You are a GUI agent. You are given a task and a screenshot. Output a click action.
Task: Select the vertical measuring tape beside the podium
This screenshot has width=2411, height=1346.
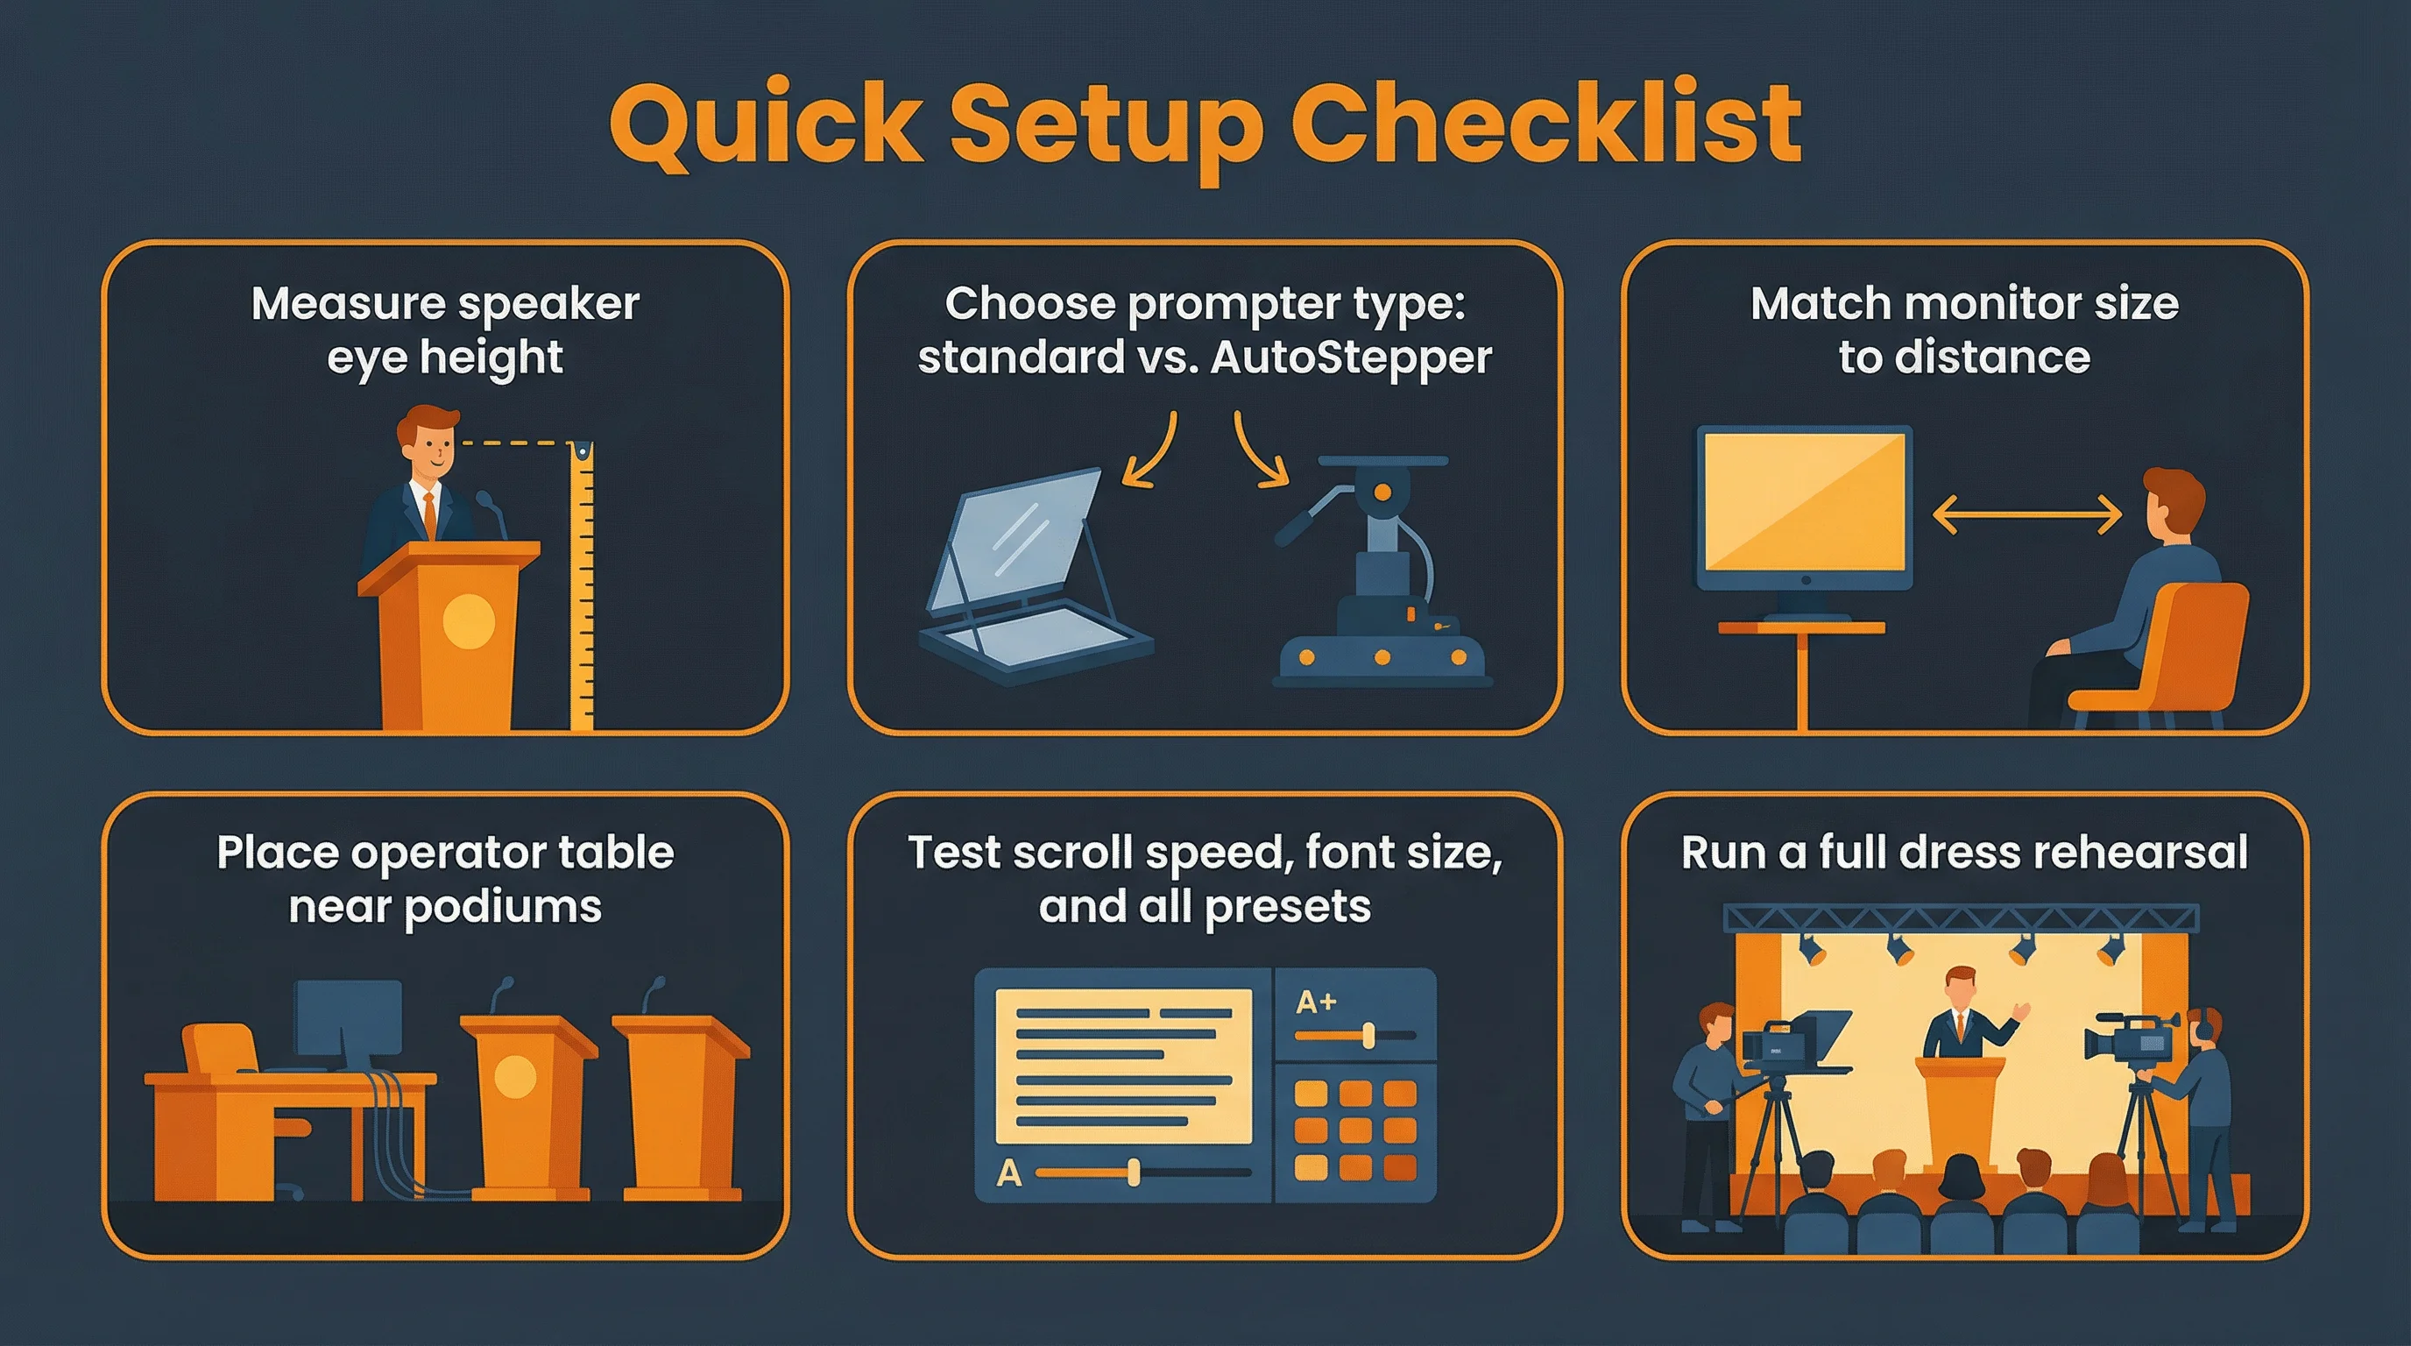tap(582, 585)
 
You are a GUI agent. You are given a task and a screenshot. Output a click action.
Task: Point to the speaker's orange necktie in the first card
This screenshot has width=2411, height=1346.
tap(429, 513)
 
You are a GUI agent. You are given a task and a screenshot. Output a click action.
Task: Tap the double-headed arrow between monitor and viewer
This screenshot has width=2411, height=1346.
tap(2026, 514)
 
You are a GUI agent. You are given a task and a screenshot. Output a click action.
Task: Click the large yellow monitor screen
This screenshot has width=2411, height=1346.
tap(1805, 503)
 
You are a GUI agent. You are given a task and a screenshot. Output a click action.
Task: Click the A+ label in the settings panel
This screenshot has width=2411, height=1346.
tap(1316, 1002)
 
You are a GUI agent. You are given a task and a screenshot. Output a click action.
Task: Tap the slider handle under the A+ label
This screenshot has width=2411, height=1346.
tap(1368, 1036)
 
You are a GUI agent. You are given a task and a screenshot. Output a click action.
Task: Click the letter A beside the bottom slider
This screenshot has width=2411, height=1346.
tap(1009, 1172)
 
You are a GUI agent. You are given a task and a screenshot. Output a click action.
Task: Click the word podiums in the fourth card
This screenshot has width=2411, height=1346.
tap(503, 908)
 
